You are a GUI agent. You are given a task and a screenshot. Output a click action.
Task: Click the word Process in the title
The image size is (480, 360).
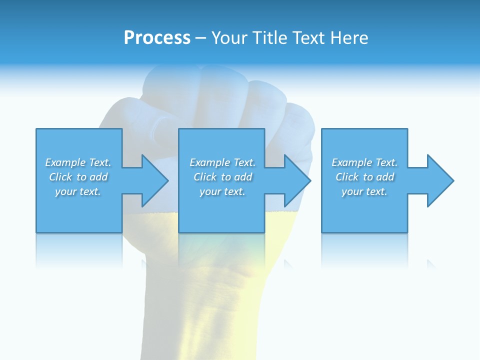(157, 38)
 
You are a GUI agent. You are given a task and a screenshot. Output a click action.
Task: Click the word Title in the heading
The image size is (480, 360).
(268, 38)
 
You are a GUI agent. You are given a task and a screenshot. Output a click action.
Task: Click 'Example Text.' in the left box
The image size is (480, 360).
(78, 162)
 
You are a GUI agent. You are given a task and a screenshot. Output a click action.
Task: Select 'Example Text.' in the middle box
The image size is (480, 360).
(222, 162)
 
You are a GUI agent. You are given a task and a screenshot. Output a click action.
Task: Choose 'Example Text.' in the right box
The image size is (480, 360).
(364, 162)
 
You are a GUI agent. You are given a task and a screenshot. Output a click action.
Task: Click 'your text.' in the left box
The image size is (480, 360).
(78, 191)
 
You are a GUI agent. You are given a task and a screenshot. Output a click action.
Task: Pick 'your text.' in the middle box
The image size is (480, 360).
(222, 191)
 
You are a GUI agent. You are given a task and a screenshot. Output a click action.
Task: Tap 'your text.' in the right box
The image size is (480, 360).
(364, 191)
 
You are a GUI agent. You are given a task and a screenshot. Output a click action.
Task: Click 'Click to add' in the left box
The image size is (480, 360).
(78, 177)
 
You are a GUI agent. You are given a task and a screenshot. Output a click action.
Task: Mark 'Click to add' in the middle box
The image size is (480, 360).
(222, 177)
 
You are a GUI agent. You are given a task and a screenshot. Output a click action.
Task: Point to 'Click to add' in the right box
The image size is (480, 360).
(364, 177)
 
